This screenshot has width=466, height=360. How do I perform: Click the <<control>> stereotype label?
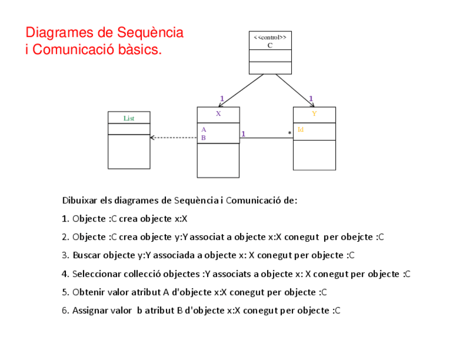[x=269, y=37]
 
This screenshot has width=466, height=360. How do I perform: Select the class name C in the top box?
[x=270, y=46]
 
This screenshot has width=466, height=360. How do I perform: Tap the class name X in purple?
[x=218, y=114]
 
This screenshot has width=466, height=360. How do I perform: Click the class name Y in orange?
[x=314, y=114]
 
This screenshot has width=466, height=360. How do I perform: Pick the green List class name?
[x=129, y=118]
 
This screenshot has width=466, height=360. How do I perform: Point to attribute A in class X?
[x=203, y=130]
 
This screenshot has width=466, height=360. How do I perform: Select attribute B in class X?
[x=203, y=138]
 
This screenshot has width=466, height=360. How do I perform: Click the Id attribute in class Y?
[x=301, y=130]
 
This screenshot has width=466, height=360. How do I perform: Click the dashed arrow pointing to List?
[x=173, y=137]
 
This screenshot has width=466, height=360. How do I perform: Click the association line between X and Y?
[x=266, y=138]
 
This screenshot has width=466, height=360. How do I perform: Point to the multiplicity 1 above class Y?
[x=311, y=99]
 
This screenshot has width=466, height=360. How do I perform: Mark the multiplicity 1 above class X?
[x=222, y=99]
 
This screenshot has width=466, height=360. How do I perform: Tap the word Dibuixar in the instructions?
[x=79, y=201]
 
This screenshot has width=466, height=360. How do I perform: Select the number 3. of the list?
[x=65, y=256]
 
